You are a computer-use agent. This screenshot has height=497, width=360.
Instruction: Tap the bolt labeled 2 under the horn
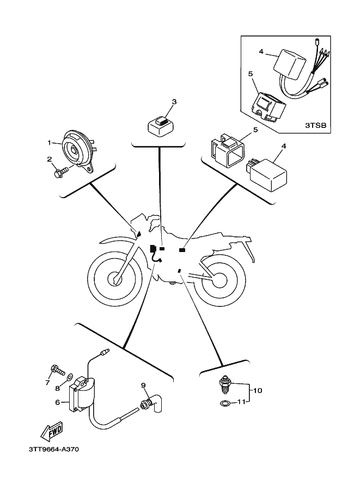point(61,173)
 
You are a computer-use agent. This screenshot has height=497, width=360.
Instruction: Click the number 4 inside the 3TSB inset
point(261,52)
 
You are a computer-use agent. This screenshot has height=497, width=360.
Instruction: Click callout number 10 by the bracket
point(258,390)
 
